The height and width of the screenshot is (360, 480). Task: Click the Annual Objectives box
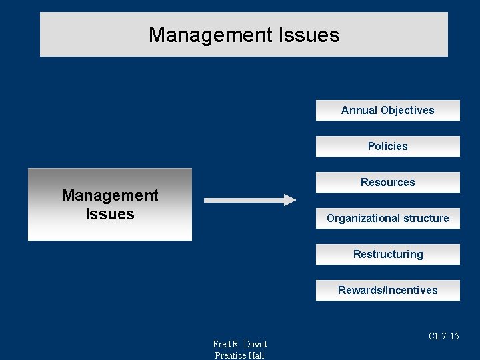(387, 111)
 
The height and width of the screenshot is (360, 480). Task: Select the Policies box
(387, 147)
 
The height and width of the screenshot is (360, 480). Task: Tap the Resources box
(387, 183)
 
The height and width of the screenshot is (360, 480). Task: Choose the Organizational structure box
(387, 219)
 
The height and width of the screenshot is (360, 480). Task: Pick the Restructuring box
(387, 255)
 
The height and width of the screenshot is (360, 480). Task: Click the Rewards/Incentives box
(387, 291)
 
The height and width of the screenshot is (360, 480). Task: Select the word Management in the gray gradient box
(110, 195)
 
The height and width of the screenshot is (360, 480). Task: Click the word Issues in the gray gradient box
(110, 214)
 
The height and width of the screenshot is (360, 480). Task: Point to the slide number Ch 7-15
(443, 337)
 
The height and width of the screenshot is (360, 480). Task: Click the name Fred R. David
(239, 344)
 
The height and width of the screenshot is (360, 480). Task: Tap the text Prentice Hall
(239, 355)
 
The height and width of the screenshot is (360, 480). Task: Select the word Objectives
(407, 111)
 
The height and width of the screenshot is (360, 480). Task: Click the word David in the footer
(254, 344)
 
